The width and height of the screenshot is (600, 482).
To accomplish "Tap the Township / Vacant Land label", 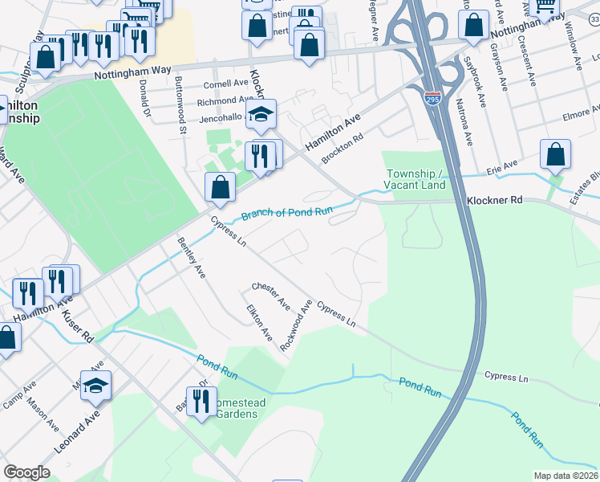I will click(415, 179).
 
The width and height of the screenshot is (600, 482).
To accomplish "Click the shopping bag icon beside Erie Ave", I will click(555, 156).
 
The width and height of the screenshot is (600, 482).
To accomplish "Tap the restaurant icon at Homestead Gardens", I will click(201, 402).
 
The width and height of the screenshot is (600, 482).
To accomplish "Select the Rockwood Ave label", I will click(296, 325).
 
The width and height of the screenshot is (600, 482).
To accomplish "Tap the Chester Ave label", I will click(271, 296).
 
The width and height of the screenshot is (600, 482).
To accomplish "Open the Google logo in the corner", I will click(26, 472).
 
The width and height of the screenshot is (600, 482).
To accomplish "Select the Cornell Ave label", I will click(226, 84).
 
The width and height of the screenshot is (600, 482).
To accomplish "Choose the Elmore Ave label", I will click(577, 116).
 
